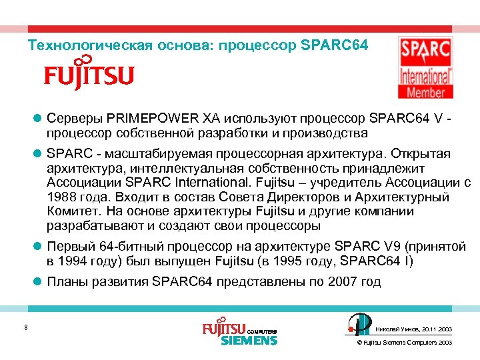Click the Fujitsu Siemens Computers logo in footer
[x=239, y=333]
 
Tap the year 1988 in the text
[x=63, y=197]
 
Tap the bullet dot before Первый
[x=38, y=247]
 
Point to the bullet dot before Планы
[x=38, y=282]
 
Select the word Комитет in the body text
[x=71, y=211]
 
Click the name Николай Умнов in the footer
[x=396, y=329]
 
